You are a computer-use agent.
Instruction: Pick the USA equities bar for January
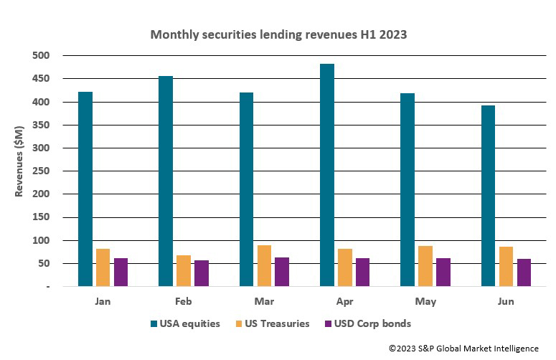coord(85,189)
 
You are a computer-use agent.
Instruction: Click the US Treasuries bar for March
coord(264,265)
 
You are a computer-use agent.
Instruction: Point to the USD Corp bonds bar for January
coord(121,272)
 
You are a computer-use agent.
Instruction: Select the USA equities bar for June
coord(488,196)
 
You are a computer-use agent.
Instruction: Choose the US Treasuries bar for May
coord(425,266)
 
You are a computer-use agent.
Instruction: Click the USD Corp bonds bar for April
coord(362,272)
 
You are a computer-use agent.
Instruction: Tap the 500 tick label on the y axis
coord(41,56)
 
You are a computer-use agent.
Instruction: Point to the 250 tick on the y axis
coord(41,171)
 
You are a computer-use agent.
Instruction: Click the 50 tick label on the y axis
coord(44,264)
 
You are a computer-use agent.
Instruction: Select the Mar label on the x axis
coord(264,301)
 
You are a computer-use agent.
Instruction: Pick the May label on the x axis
coord(425,301)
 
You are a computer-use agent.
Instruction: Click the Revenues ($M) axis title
coord(20,171)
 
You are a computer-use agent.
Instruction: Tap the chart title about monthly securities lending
coord(278,34)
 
